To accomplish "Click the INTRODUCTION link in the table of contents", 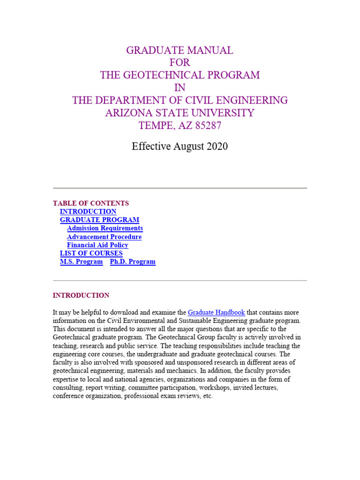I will [x=88, y=212].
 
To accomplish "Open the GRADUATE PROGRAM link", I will [x=99, y=220].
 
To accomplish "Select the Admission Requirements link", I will [x=105, y=228].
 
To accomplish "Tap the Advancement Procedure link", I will [x=104, y=237].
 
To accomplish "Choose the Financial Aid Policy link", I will [x=97, y=245].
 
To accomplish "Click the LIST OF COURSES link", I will [x=91, y=254].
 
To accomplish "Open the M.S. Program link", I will [x=81, y=262].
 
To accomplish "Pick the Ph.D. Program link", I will [x=133, y=262].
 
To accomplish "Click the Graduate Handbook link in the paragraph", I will [x=216, y=313].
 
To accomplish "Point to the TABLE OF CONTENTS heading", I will [x=91, y=203].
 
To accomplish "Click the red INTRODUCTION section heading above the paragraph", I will [x=81, y=296].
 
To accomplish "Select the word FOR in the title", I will [x=180, y=63].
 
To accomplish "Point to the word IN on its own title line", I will [x=180, y=88].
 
